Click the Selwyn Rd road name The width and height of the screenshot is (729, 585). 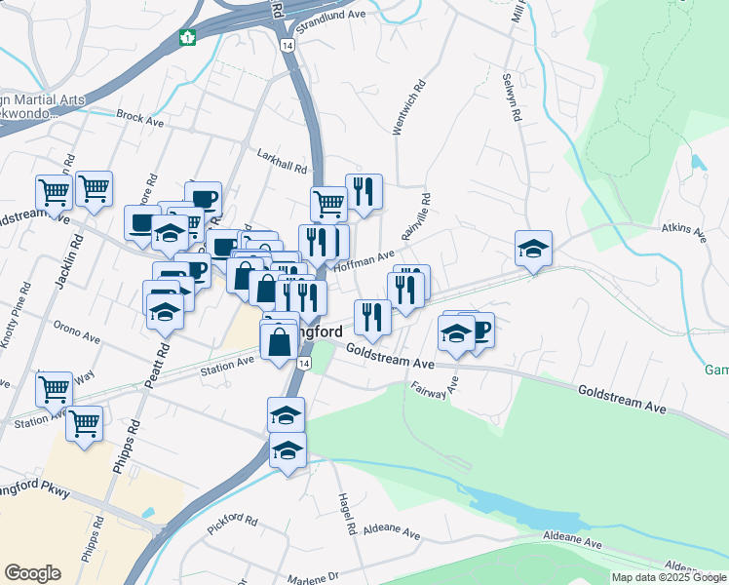[508, 97]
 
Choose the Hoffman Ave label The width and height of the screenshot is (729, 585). [364, 258]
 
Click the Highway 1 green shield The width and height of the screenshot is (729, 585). [186, 38]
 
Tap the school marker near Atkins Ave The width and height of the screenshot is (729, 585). [533, 249]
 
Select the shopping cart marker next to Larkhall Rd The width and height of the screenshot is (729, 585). [328, 203]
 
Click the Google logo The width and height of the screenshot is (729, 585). [32, 573]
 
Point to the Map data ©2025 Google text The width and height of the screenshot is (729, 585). [668, 577]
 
